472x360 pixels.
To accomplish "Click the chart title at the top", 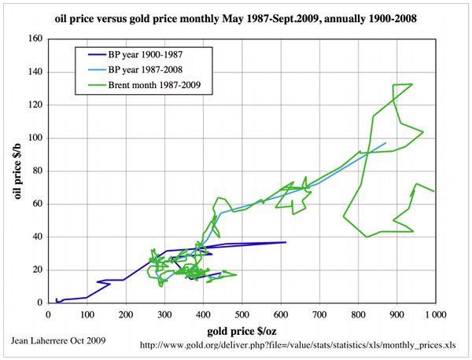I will (236, 17).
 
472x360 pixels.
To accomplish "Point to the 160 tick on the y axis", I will (35, 39).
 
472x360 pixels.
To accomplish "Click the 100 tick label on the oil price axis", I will (35, 138).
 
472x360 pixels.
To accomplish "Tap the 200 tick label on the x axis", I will (125, 314).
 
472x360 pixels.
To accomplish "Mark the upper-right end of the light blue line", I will (385, 143).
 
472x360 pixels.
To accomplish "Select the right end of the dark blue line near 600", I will (286, 242).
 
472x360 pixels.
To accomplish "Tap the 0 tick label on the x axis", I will (48, 314).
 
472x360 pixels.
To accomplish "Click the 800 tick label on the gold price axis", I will (358, 314).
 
